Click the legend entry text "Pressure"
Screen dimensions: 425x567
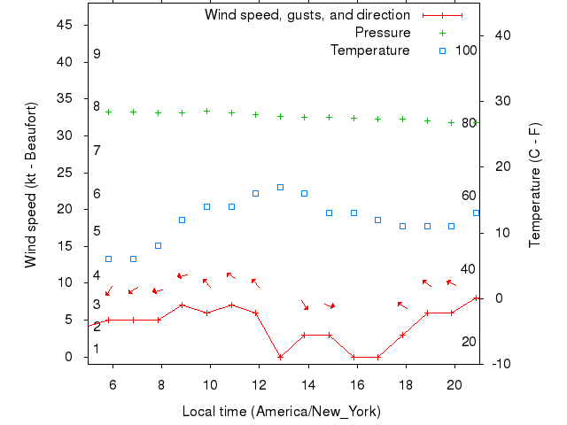[383, 33]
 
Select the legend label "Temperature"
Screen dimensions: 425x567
[370, 50]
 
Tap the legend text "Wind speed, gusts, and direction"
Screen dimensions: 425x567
[307, 15]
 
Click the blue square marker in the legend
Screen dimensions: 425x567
[443, 50]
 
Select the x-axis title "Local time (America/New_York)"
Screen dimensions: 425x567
[281, 411]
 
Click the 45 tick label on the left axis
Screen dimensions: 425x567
[64, 25]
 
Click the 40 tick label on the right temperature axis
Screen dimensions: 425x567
[501, 35]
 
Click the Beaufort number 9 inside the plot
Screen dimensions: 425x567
[97, 54]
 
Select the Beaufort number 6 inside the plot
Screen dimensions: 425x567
[97, 193]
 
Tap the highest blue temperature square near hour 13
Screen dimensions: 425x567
[280, 187]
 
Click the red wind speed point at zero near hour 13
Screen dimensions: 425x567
[280, 357]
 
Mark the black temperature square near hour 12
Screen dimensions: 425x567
[255, 193]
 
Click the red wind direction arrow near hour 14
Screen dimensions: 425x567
[305, 305]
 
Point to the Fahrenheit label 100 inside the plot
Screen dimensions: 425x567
[466, 50]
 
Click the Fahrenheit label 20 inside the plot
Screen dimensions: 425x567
[469, 342]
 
